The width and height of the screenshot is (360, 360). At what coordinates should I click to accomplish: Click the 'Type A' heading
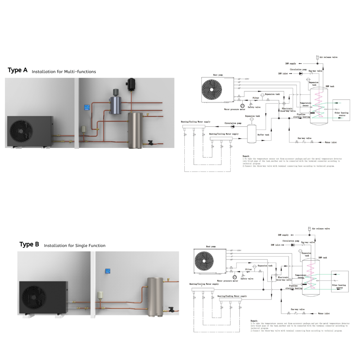click(17, 70)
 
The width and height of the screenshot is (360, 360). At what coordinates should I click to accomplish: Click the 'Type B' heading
click(29, 244)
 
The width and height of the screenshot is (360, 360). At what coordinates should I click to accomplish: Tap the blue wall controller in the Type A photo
click(87, 107)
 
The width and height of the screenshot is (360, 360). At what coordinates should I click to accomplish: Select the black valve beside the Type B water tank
click(171, 309)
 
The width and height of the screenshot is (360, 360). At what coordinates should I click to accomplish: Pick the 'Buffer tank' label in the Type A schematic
click(264, 135)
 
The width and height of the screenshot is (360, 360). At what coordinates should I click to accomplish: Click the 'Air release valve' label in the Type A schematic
click(329, 57)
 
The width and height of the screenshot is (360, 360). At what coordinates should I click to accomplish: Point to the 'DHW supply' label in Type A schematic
click(291, 63)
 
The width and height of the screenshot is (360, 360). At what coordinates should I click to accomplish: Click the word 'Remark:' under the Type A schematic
click(247, 156)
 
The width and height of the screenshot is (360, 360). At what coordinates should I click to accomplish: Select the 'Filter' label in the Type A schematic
click(256, 98)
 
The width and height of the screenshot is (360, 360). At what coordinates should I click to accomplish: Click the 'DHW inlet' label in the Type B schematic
click(275, 245)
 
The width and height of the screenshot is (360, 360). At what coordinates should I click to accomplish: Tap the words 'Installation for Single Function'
click(75, 246)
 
